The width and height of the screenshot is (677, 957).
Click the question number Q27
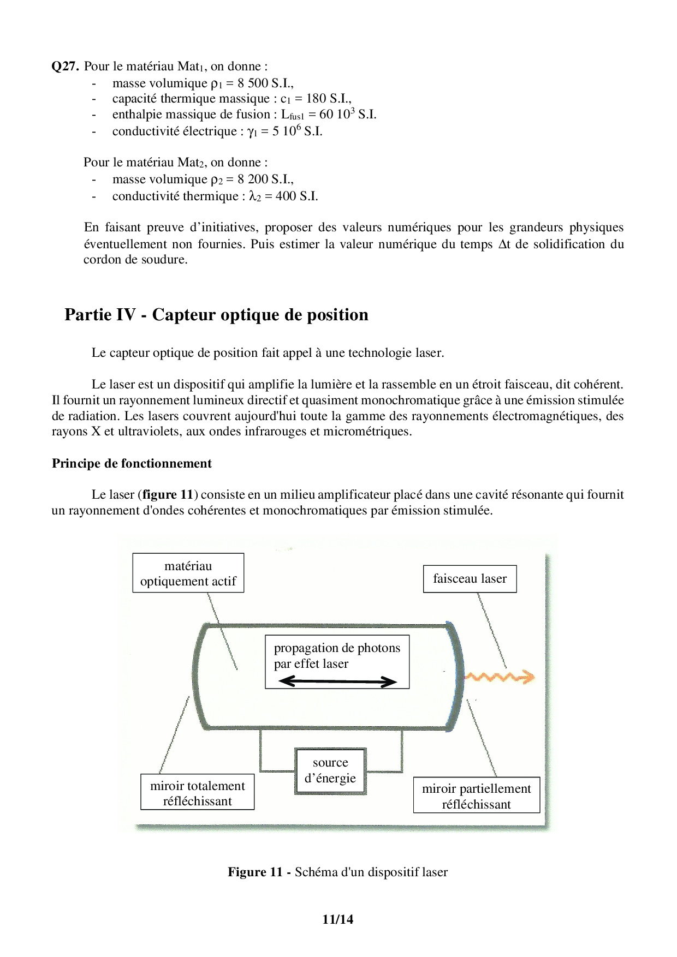click(x=66, y=67)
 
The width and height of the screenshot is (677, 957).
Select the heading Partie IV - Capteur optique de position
click(x=216, y=315)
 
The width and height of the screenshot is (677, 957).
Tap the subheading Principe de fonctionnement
click(x=132, y=463)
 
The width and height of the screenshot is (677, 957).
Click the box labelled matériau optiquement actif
click(x=188, y=573)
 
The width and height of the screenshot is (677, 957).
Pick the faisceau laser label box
click(x=470, y=579)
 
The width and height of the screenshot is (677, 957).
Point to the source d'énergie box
click(x=330, y=770)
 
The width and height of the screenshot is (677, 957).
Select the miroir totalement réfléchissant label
click(x=197, y=793)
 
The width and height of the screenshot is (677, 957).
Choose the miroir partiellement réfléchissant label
click(x=476, y=796)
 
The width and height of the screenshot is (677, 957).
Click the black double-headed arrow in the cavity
click(x=337, y=681)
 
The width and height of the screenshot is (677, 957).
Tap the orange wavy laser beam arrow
click(x=499, y=678)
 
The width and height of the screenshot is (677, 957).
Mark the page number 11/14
click(x=338, y=919)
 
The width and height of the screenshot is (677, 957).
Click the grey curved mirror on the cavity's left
click(x=198, y=675)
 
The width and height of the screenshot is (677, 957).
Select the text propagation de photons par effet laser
click(x=337, y=656)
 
